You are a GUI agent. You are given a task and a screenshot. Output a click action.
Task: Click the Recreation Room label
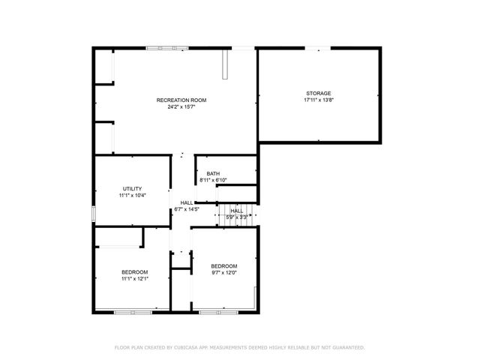coord(181,100)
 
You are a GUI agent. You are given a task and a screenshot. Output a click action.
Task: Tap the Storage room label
coord(318,93)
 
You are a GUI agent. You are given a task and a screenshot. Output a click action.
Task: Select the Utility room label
coord(132,188)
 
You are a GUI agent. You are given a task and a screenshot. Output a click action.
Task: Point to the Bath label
coord(213,174)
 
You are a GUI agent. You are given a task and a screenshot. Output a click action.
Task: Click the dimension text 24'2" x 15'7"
coord(181,106)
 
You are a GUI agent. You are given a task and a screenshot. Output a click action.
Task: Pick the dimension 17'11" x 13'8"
coord(318,100)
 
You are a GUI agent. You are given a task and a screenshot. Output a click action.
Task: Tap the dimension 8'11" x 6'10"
coord(213,181)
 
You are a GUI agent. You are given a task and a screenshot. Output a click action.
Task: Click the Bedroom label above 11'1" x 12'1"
coord(135,271)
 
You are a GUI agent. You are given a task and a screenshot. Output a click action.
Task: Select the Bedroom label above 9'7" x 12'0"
coord(223,266)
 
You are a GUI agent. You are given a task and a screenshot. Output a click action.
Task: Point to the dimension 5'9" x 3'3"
coord(236,217)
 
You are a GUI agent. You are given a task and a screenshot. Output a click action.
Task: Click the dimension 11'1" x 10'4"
coord(132,195)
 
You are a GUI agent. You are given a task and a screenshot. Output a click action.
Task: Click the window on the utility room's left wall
coord(94,213)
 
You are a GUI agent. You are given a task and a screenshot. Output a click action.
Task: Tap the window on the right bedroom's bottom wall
coord(217,311)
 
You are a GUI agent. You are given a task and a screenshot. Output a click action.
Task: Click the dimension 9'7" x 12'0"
coord(223,273)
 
